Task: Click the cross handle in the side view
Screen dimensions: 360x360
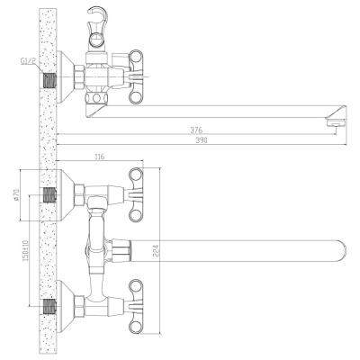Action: pyautogui.click(x=137, y=76)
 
